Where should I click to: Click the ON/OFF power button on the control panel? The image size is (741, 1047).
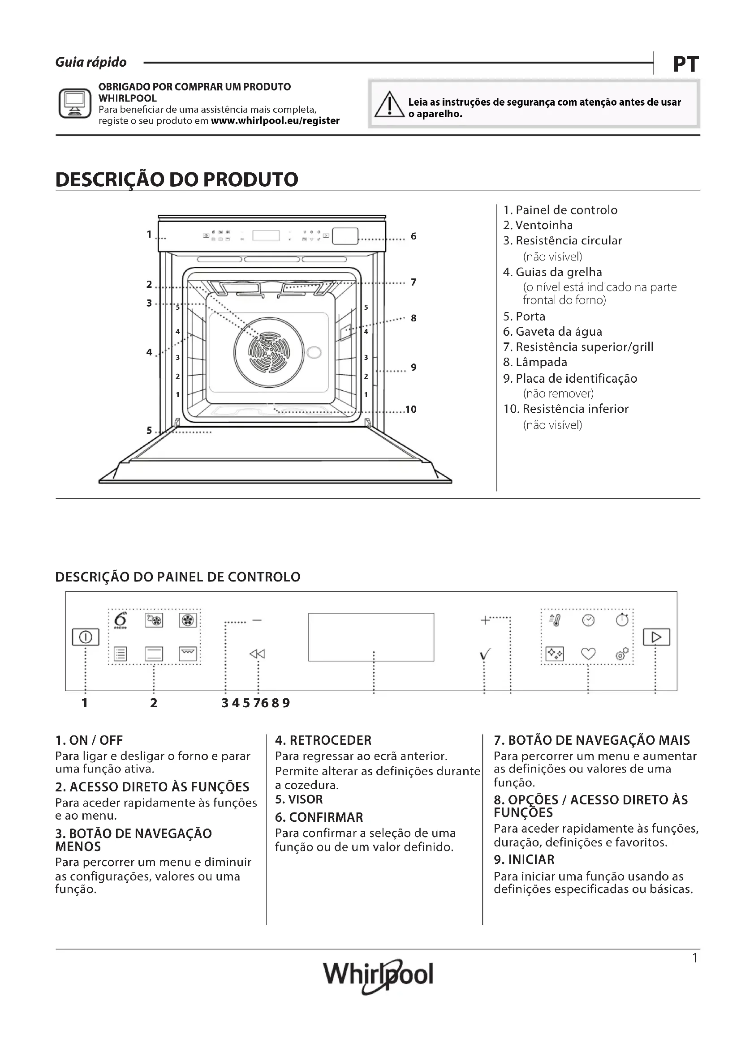pos(86,637)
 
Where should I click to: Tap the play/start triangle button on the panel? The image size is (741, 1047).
pos(657,637)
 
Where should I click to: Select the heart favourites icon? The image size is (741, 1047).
pos(588,654)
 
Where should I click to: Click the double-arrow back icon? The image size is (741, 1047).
pos(257,654)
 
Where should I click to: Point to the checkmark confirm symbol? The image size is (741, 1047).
pos(485,655)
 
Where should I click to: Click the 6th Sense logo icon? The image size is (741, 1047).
pos(121,620)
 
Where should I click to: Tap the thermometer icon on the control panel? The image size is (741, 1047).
pos(555,620)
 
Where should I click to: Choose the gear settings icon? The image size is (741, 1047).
pos(622,654)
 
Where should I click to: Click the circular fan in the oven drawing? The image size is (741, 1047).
pos(269,351)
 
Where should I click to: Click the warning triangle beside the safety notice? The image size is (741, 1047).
pos(389,104)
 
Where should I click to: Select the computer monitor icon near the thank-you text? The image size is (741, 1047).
pos(75,103)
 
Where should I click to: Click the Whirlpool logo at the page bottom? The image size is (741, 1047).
pos(378,975)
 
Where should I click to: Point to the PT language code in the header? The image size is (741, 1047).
pos(686,64)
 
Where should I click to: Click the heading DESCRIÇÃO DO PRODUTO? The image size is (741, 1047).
pos(177,179)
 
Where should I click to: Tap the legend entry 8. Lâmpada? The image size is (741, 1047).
pos(535,363)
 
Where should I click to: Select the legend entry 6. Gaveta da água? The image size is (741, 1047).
pos(552,332)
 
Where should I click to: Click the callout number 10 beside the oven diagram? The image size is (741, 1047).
pos(411,410)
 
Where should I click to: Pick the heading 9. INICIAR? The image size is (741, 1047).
pos(524,859)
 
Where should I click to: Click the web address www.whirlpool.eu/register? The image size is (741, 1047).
pos(275,121)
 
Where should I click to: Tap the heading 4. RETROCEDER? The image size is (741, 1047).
pos(323,740)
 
